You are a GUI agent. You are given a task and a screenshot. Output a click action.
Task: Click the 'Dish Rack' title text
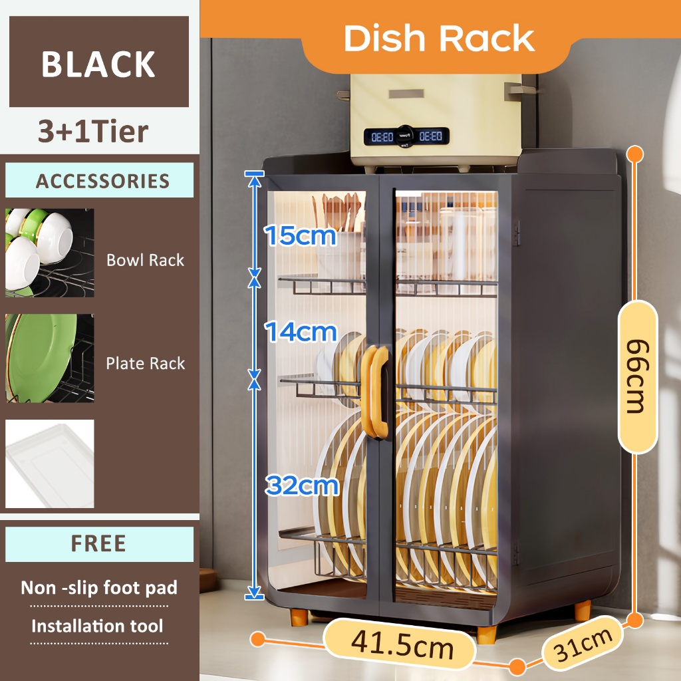(x=439, y=39)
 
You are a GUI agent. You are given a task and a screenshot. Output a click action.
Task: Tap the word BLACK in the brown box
(x=98, y=64)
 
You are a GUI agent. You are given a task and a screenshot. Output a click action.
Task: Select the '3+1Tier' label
(x=93, y=132)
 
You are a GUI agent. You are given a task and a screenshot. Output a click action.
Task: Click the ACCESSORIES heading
(x=102, y=181)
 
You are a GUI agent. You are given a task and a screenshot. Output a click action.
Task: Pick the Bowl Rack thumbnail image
(x=50, y=253)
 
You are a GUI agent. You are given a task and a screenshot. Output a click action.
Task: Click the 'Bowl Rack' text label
(x=145, y=260)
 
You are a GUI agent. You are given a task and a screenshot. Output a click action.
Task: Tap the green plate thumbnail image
(x=50, y=358)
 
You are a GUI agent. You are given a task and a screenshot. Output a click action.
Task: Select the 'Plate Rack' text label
(x=145, y=364)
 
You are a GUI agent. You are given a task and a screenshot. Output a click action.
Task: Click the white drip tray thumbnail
(x=50, y=464)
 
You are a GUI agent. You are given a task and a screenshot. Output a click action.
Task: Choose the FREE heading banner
(x=98, y=544)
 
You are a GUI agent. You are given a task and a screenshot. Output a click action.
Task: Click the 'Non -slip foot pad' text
(x=98, y=588)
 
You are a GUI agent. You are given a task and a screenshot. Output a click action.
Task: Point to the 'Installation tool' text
(x=97, y=626)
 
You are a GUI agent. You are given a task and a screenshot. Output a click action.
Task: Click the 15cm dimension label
(x=301, y=236)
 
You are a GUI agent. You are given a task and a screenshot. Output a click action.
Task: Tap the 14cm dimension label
(x=301, y=331)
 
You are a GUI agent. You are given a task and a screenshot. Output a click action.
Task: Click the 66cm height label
(x=637, y=376)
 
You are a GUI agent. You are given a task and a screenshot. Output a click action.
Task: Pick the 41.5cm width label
(x=402, y=644)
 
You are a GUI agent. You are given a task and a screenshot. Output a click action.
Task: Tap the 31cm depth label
(x=584, y=643)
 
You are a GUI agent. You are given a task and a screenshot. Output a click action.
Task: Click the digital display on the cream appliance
(x=406, y=136)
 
